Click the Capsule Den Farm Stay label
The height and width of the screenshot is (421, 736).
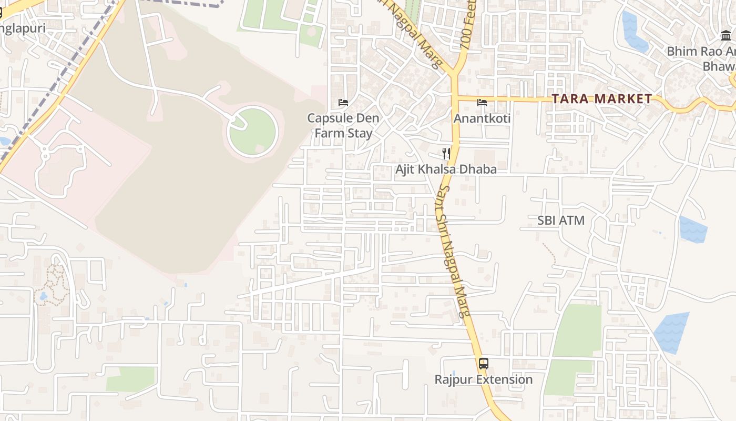coord(343,126)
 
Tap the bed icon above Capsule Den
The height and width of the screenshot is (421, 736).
coord(343,102)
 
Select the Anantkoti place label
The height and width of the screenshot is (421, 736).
coord(482,118)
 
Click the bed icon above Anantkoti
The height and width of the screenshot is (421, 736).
coord(482,102)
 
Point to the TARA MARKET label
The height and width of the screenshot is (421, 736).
coord(602,99)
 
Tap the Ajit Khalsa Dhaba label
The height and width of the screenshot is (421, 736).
coord(446,169)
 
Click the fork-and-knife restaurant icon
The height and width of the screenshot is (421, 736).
coord(446,153)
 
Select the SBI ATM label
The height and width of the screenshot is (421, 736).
coord(561,220)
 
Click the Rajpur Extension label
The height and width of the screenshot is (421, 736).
coord(483,379)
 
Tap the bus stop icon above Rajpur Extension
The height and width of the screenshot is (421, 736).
coord(483,363)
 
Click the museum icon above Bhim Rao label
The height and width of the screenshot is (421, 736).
coord(726,36)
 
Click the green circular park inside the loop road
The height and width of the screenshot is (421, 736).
coord(253,132)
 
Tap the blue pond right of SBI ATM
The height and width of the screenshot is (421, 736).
coord(693,229)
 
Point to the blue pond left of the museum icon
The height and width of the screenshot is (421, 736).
coord(634,32)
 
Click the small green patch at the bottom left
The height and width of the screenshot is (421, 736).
coord(130,379)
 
